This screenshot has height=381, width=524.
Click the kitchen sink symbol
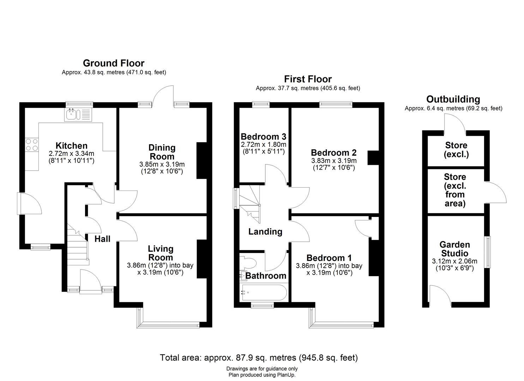[x=78, y=115]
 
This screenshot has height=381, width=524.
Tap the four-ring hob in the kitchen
[x=32, y=145]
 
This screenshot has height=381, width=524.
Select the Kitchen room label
[x=71, y=146]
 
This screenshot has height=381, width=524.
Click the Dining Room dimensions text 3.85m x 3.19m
[x=162, y=164]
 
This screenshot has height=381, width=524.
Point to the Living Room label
[x=161, y=253]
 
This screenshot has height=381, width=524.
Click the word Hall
[x=102, y=239]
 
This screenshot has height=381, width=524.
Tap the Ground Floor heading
[x=114, y=63]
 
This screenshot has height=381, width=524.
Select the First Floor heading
[x=308, y=79]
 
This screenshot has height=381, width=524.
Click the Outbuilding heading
[x=453, y=99]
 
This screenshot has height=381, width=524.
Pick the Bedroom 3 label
[x=263, y=137]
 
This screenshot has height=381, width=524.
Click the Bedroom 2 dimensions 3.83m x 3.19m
[x=334, y=161]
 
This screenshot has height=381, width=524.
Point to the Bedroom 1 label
[x=329, y=258]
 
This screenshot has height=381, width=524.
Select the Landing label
[x=265, y=231]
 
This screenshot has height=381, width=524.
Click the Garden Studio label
[x=454, y=249]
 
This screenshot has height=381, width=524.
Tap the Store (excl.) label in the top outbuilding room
[x=456, y=150]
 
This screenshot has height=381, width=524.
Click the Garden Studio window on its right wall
[x=488, y=252]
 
